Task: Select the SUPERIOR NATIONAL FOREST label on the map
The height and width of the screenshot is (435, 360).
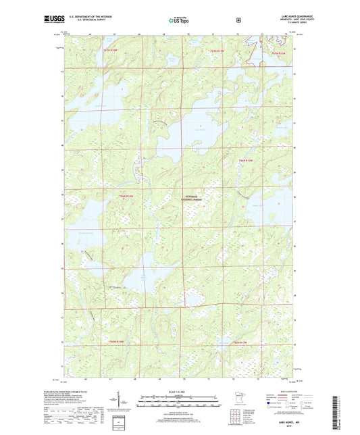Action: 192,197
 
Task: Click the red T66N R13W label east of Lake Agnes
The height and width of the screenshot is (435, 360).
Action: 245,160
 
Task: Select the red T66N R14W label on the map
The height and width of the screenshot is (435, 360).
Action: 127,196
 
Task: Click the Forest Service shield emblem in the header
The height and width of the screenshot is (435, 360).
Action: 238,20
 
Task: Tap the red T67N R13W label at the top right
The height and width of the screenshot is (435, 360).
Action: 280,53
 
